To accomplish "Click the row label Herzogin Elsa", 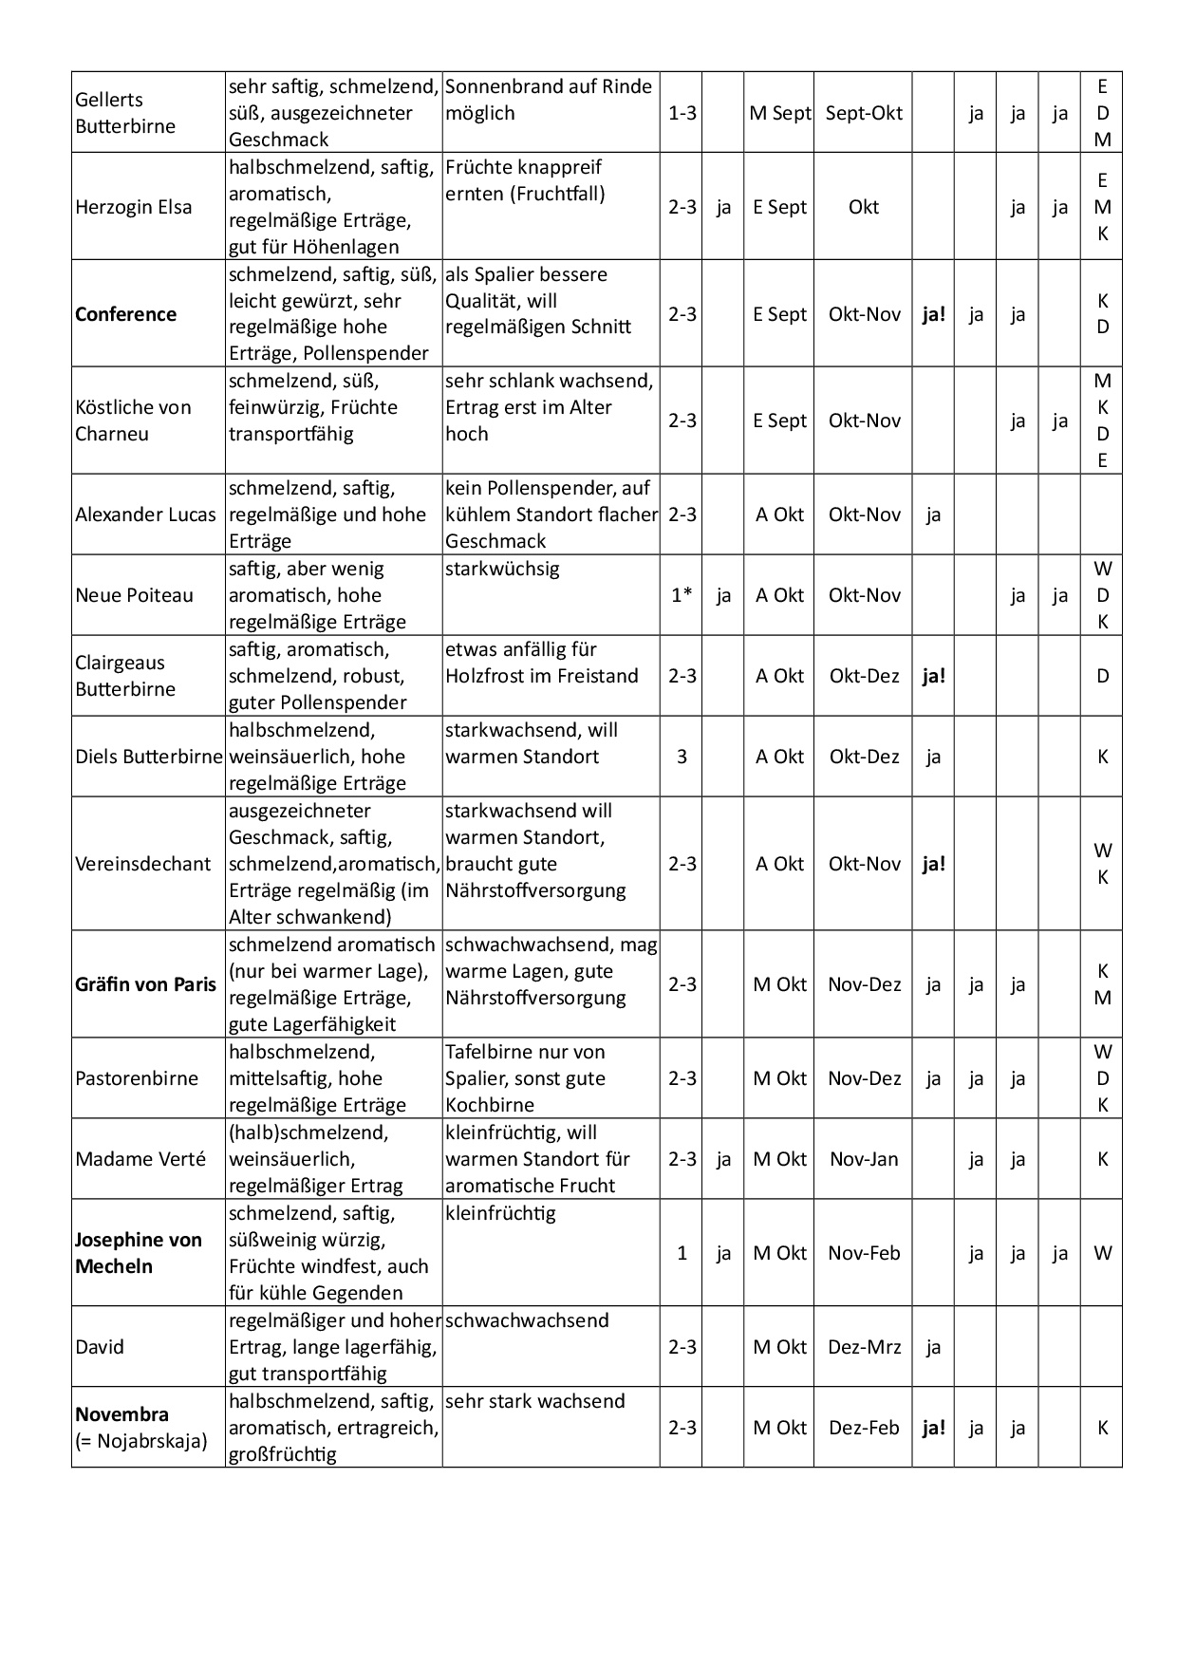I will [133, 207].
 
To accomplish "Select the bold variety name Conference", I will [125, 314].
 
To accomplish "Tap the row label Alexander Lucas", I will [145, 514].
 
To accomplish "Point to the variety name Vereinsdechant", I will [142, 864].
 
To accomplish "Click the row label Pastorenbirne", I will [137, 1078].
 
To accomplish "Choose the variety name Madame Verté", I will [140, 1159].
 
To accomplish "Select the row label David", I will [100, 1347].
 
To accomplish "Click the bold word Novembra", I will [121, 1414].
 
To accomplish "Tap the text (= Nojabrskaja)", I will [140, 1441].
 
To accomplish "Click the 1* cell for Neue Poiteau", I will [682, 595].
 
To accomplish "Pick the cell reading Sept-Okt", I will [864, 113].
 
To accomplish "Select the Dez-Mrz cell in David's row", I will [864, 1347].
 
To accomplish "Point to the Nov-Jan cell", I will [864, 1159].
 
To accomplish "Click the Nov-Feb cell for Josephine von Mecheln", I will [864, 1253].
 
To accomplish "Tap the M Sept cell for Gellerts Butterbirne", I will [780, 113].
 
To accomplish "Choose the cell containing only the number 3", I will [682, 757].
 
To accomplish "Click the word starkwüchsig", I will [502, 570].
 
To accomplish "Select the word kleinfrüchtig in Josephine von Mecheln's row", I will [500, 1214].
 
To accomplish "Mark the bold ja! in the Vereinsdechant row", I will [934, 864].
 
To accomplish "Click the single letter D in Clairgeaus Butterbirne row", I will [1103, 676].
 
